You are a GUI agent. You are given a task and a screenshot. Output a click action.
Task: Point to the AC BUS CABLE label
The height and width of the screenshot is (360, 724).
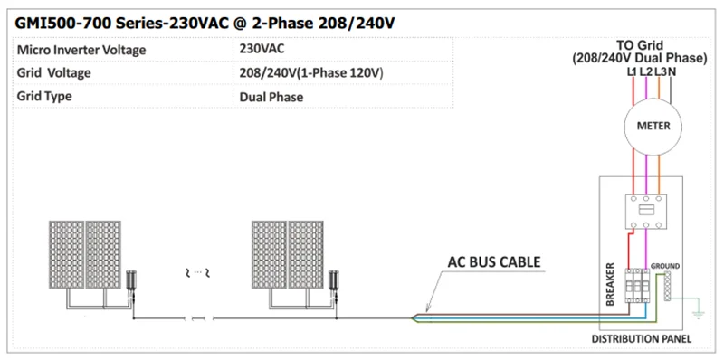tap(494, 263)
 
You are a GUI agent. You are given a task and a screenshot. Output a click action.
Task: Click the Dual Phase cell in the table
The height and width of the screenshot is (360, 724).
tap(271, 96)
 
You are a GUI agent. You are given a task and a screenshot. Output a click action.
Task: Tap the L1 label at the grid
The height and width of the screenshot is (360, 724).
tap(631, 71)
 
